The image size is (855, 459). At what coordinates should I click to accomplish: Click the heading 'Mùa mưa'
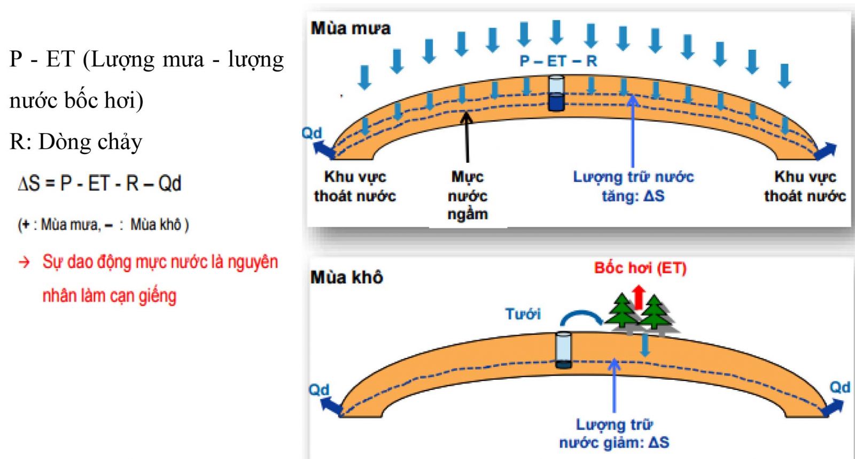351,28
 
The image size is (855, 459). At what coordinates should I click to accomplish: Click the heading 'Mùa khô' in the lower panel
346,277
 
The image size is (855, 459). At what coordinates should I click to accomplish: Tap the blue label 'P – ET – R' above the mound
558,61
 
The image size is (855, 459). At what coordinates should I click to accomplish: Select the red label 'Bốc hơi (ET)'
640,267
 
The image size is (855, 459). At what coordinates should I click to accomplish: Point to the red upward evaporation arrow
638,297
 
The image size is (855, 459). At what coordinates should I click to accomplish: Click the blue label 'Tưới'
523,313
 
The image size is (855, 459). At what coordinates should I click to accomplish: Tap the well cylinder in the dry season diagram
563,350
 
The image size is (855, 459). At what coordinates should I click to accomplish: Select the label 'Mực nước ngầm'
468,195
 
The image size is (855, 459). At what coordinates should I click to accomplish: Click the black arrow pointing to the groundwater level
467,136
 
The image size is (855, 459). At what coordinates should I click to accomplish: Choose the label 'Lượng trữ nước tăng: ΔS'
633,186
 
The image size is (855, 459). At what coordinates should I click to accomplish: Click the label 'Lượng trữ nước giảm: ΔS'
614,433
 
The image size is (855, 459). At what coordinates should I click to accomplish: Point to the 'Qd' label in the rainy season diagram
312,133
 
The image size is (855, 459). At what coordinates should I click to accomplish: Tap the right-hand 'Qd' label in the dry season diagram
839,387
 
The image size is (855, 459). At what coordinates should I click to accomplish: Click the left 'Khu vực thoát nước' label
355,186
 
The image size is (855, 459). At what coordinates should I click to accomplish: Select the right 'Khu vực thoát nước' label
805,186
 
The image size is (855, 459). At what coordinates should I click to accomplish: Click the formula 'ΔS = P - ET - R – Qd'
100,183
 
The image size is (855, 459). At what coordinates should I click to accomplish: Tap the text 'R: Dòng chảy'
76,142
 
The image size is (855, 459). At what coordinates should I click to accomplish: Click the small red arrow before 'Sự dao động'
25,262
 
